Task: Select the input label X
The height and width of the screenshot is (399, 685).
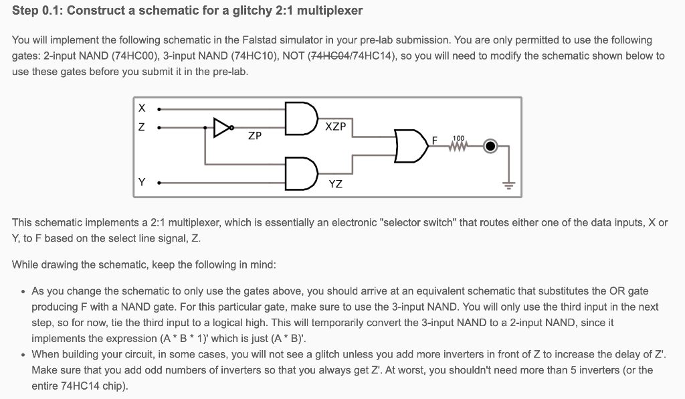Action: (x=140, y=108)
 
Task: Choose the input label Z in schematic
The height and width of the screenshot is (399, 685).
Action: (x=140, y=126)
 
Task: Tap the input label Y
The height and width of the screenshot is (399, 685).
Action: (x=141, y=181)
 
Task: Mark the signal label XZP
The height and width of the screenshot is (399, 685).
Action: (x=335, y=127)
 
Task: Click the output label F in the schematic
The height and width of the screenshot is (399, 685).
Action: (x=435, y=141)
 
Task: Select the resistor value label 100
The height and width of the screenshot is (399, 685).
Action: (x=458, y=138)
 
